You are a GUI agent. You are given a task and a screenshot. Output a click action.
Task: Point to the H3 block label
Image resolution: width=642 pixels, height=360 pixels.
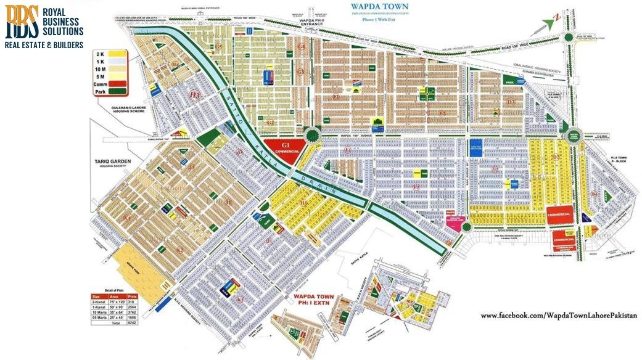[x=195, y=95]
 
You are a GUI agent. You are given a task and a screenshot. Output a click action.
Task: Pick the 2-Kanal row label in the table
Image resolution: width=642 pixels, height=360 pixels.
[x=97, y=302]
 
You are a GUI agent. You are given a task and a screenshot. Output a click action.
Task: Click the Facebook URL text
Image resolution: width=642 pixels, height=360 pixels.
[x=558, y=316]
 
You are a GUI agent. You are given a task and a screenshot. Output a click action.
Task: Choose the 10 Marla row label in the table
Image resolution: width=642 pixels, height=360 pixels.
[x=98, y=313]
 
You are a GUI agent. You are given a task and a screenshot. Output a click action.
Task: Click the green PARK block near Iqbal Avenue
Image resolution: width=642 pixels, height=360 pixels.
[x=510, y=81]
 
